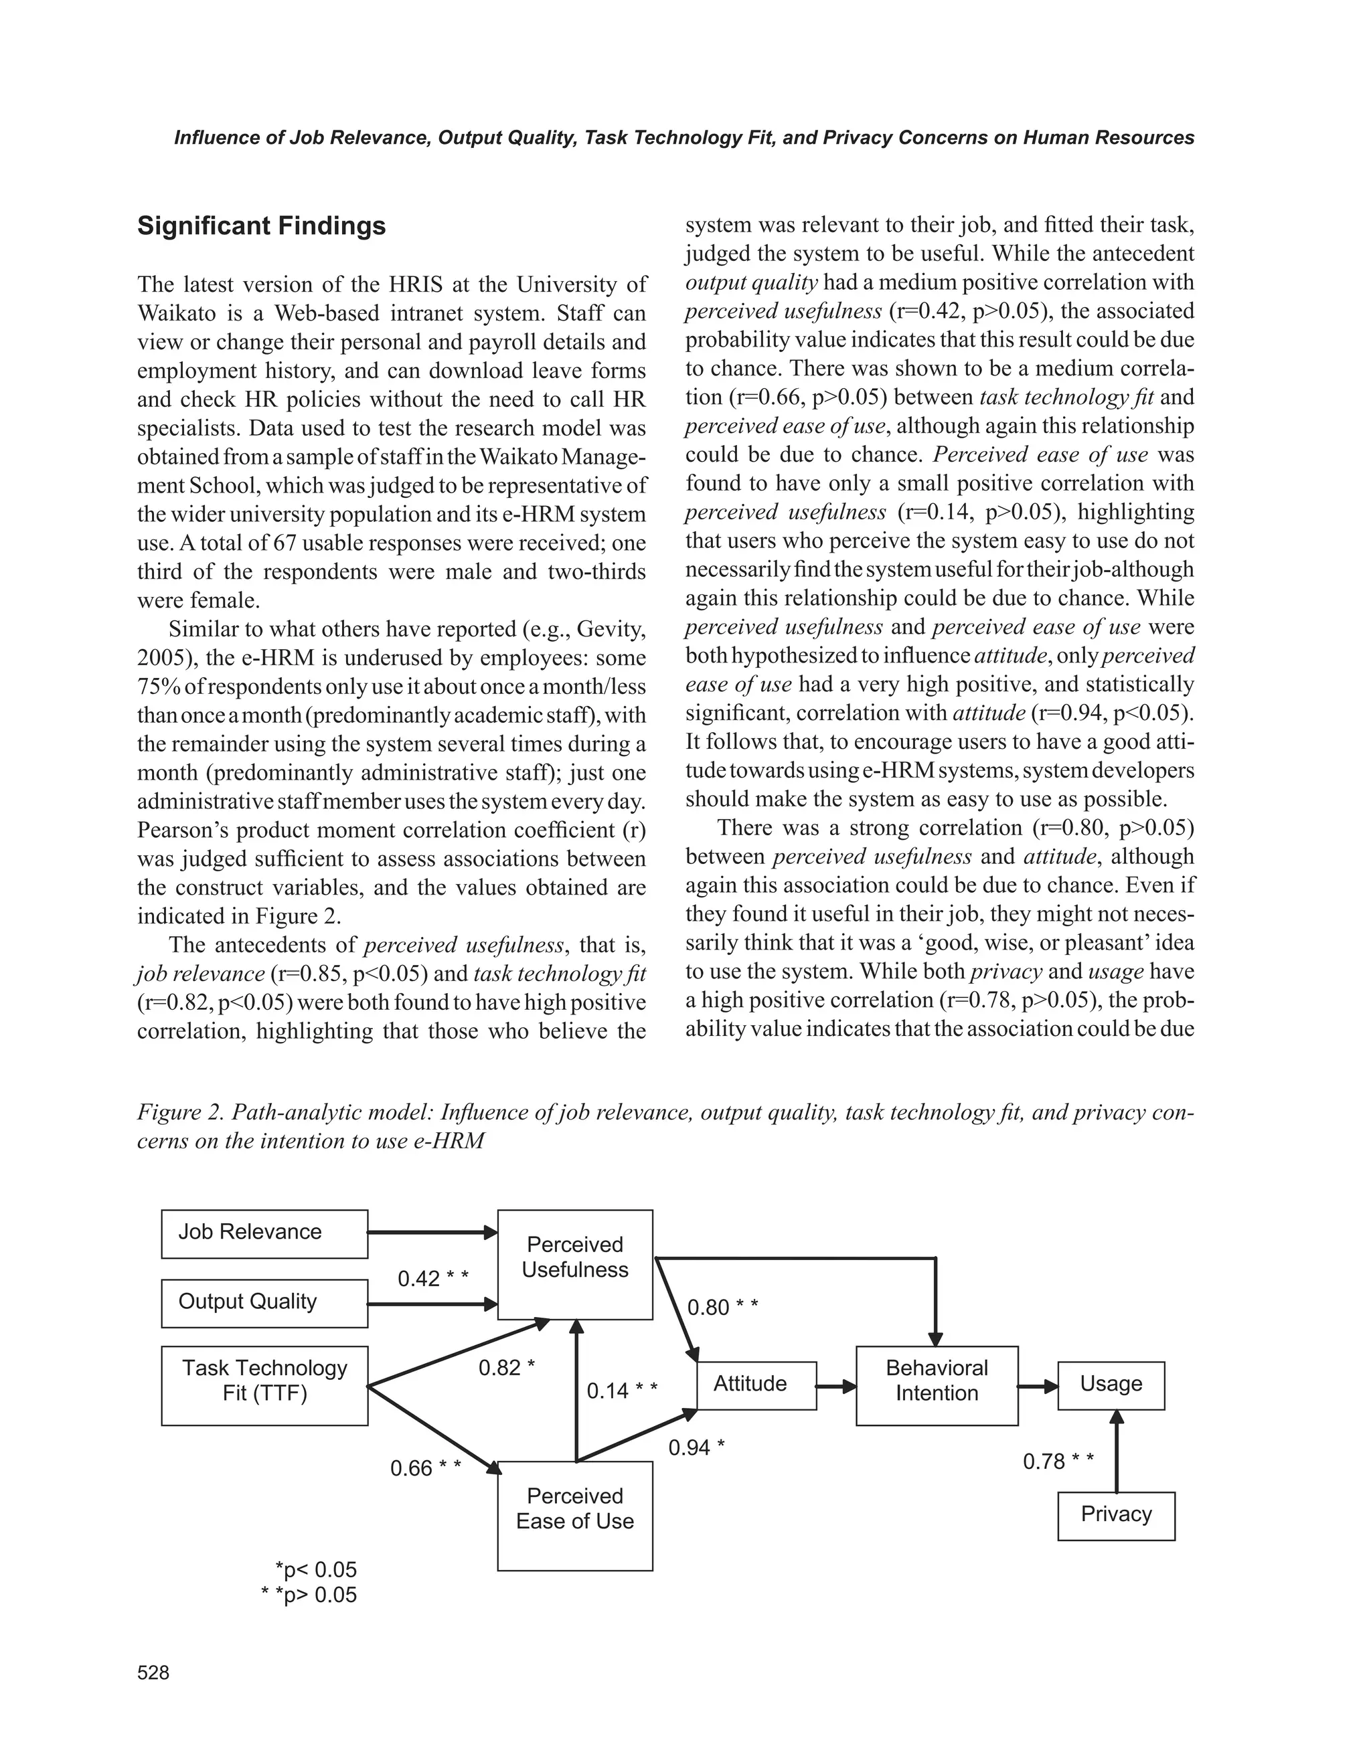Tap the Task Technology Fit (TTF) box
(264, 1385)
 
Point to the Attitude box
(756, 1385)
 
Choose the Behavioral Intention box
(936, 1385)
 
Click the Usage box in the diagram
(1111, 1385)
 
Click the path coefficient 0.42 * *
(433, 1279)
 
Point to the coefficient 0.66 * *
(425, 1468)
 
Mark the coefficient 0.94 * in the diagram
(696, 1448)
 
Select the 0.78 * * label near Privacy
(1058, 1462)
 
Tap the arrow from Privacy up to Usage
(1117, 1452)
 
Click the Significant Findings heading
(262, 226)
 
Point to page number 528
(153, 1673)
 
